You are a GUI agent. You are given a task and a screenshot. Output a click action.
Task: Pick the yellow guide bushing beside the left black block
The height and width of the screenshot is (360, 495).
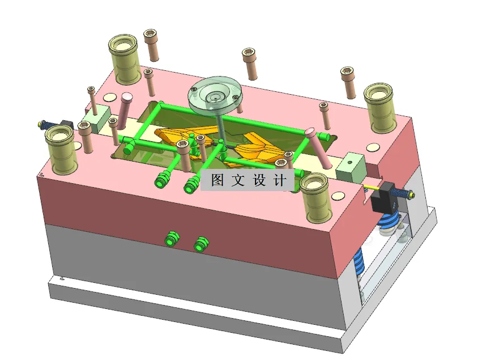(x=61, y=149)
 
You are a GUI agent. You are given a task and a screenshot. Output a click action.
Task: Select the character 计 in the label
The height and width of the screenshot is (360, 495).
(x=279, y=180)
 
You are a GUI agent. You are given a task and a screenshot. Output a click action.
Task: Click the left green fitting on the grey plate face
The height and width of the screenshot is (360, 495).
(x=169, y=238)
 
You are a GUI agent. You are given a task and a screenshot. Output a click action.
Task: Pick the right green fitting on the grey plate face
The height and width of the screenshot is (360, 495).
(x=199, y=244)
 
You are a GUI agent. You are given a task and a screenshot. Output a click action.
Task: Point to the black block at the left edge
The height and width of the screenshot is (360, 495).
(x=67, y=124)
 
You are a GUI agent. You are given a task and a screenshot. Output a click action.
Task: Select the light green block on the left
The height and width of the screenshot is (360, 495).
(x=95, y=118)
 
